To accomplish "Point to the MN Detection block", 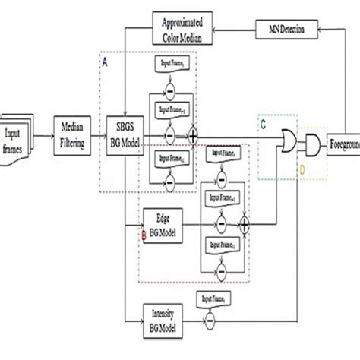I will point(284,31).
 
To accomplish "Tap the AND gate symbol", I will point(312,142).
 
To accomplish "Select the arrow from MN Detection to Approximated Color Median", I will point(235,31).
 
